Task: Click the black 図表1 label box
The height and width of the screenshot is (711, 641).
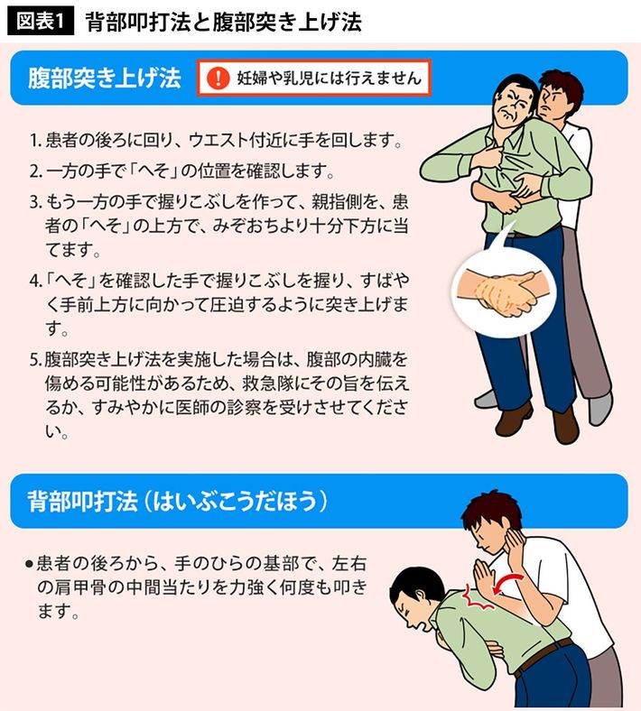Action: (x=41, y=22)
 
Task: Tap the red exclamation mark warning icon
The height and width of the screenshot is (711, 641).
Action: (x=218, y=78)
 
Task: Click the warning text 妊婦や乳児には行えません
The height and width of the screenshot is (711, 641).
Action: (x=330, y=78)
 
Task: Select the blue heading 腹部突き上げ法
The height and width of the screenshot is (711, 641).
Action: (x=105, y=78)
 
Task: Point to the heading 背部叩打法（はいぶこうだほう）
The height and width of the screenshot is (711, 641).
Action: (x=177, y=501)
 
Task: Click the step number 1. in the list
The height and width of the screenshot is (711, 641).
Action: (x=36, y=140)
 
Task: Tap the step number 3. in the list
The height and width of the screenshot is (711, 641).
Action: (x=36, y=202)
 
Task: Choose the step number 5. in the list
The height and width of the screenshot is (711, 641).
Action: (x=36, y=360)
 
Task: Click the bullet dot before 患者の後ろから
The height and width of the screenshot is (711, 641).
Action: (x=30, y=564)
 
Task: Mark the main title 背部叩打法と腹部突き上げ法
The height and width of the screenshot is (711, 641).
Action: (x=223, y=22)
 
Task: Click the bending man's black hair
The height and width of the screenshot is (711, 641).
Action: (x=415, y=585)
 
